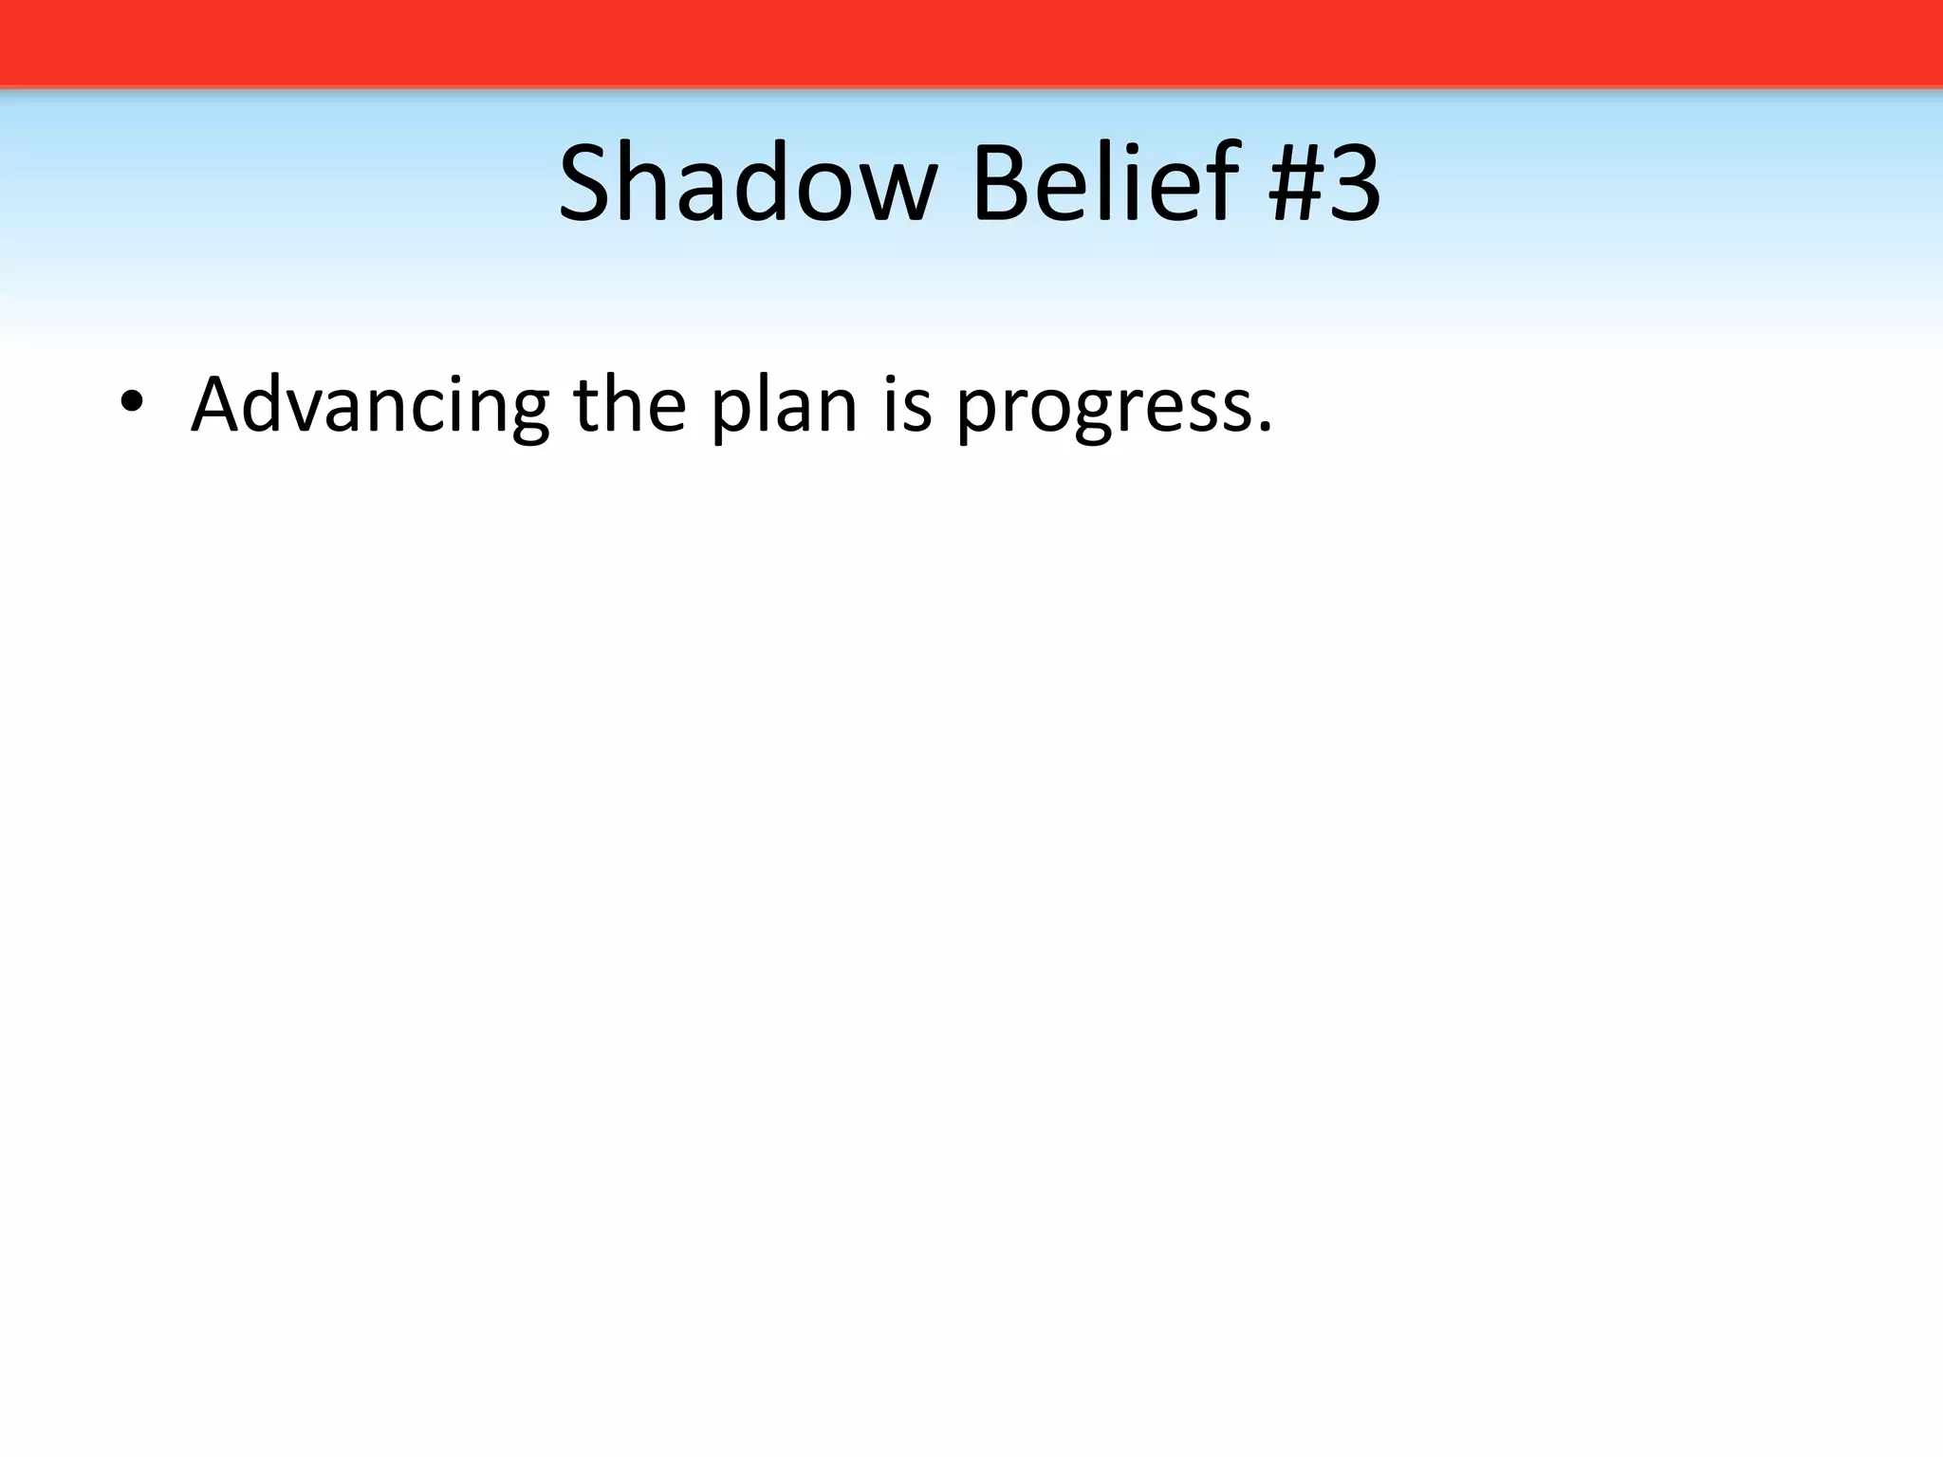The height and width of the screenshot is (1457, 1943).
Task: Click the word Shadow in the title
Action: click(x=748, y=182)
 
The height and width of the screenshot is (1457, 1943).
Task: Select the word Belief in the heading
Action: click(x=1104, y=182)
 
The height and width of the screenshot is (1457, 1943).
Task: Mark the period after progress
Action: click(x=1263, y=426)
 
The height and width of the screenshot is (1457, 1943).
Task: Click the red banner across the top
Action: click(x=971, y=43)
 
